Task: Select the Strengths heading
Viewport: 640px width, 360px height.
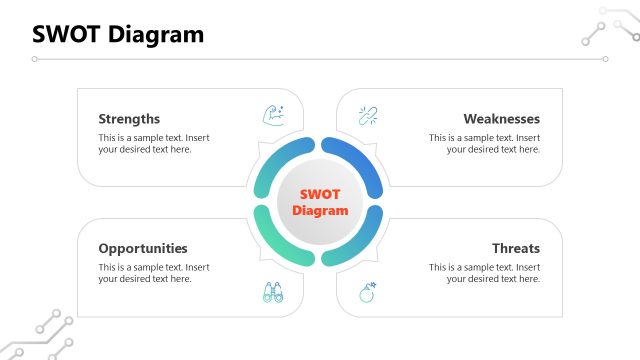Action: coord(129,118)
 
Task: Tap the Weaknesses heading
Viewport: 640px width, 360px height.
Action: coord(501,118)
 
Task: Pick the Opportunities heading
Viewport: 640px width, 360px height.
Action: coord(143,248)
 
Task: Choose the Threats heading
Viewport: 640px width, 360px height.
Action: coord(515,248)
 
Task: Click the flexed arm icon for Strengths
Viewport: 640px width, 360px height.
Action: coord(273,114)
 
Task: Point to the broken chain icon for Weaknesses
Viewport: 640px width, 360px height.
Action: coord(367,114)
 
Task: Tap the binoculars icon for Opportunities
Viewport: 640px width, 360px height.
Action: coord(273,293)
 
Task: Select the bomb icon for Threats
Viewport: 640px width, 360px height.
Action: coord(367,293)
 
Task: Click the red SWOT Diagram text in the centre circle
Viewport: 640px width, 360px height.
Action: coord(320,202)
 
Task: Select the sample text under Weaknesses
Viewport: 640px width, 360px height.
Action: coord(485,143)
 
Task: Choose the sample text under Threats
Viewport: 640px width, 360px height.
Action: coord(485,273)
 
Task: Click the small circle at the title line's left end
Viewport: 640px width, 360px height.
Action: coord(35,59)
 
